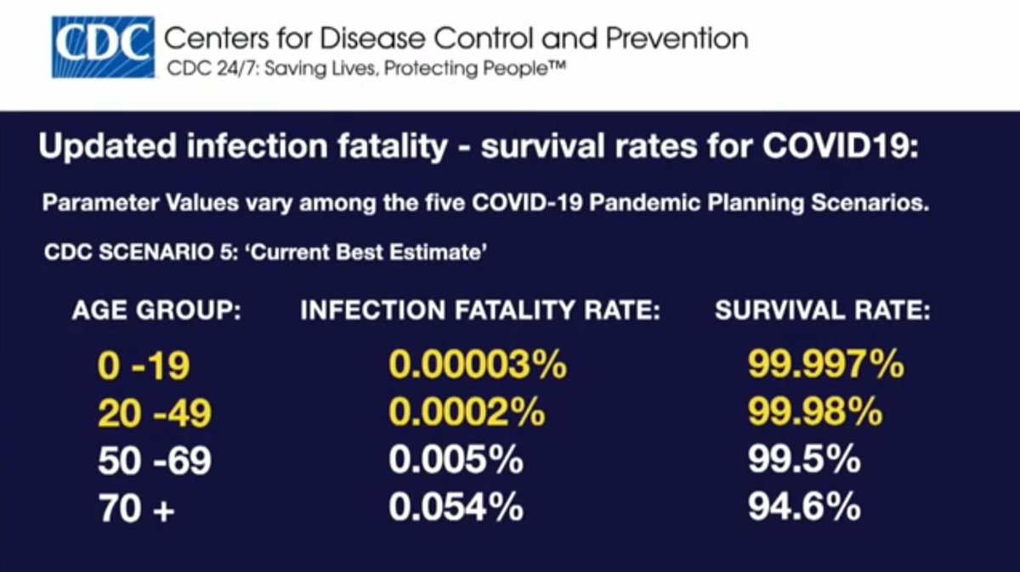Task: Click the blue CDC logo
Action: [x=103, y=47]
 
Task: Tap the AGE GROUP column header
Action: [x=157, y=311]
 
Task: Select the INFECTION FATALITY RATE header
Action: [x=480, y=311]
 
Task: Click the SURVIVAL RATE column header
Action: [x=822, y=311]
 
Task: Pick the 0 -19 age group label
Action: [x=144, y=366]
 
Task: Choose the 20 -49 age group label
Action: [x=155, y=414]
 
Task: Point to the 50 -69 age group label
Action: [x=155, y=462]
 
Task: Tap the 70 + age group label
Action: [x=137, y=509]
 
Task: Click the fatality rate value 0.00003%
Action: [x=478, y=366]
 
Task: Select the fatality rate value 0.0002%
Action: [x=467, y=414]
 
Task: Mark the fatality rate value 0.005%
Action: [x=456, y=462]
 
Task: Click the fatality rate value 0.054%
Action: [x=456, y=509]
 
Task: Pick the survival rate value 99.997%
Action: [x=825, y=366]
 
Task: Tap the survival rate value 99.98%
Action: [x=815, y=414]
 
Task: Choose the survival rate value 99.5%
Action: [x=804, y=462]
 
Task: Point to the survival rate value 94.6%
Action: [x=804, y=509]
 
